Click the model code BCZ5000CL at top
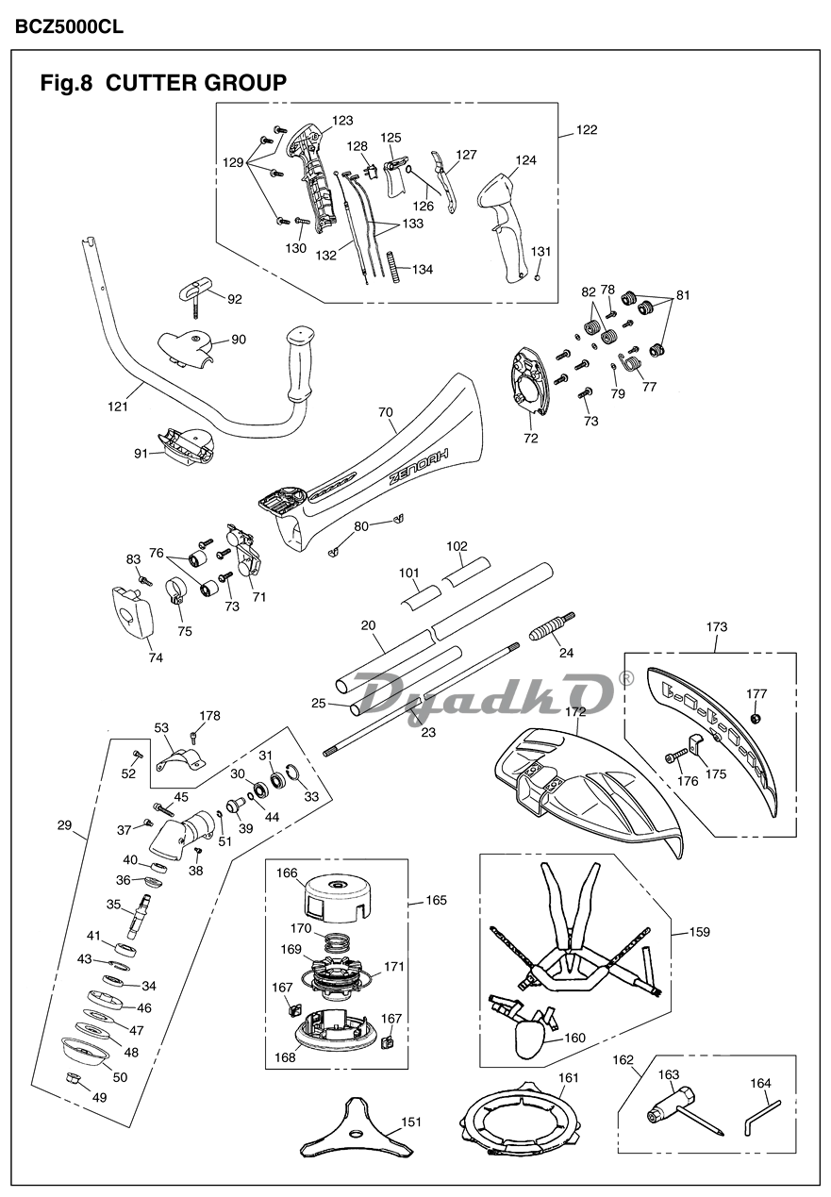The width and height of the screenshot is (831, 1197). [x=69, y=25]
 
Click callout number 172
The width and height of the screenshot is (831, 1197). [x=575, y=712]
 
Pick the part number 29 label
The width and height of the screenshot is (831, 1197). [x=64, y=825]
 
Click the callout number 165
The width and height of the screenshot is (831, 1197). [x=437, y=901]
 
